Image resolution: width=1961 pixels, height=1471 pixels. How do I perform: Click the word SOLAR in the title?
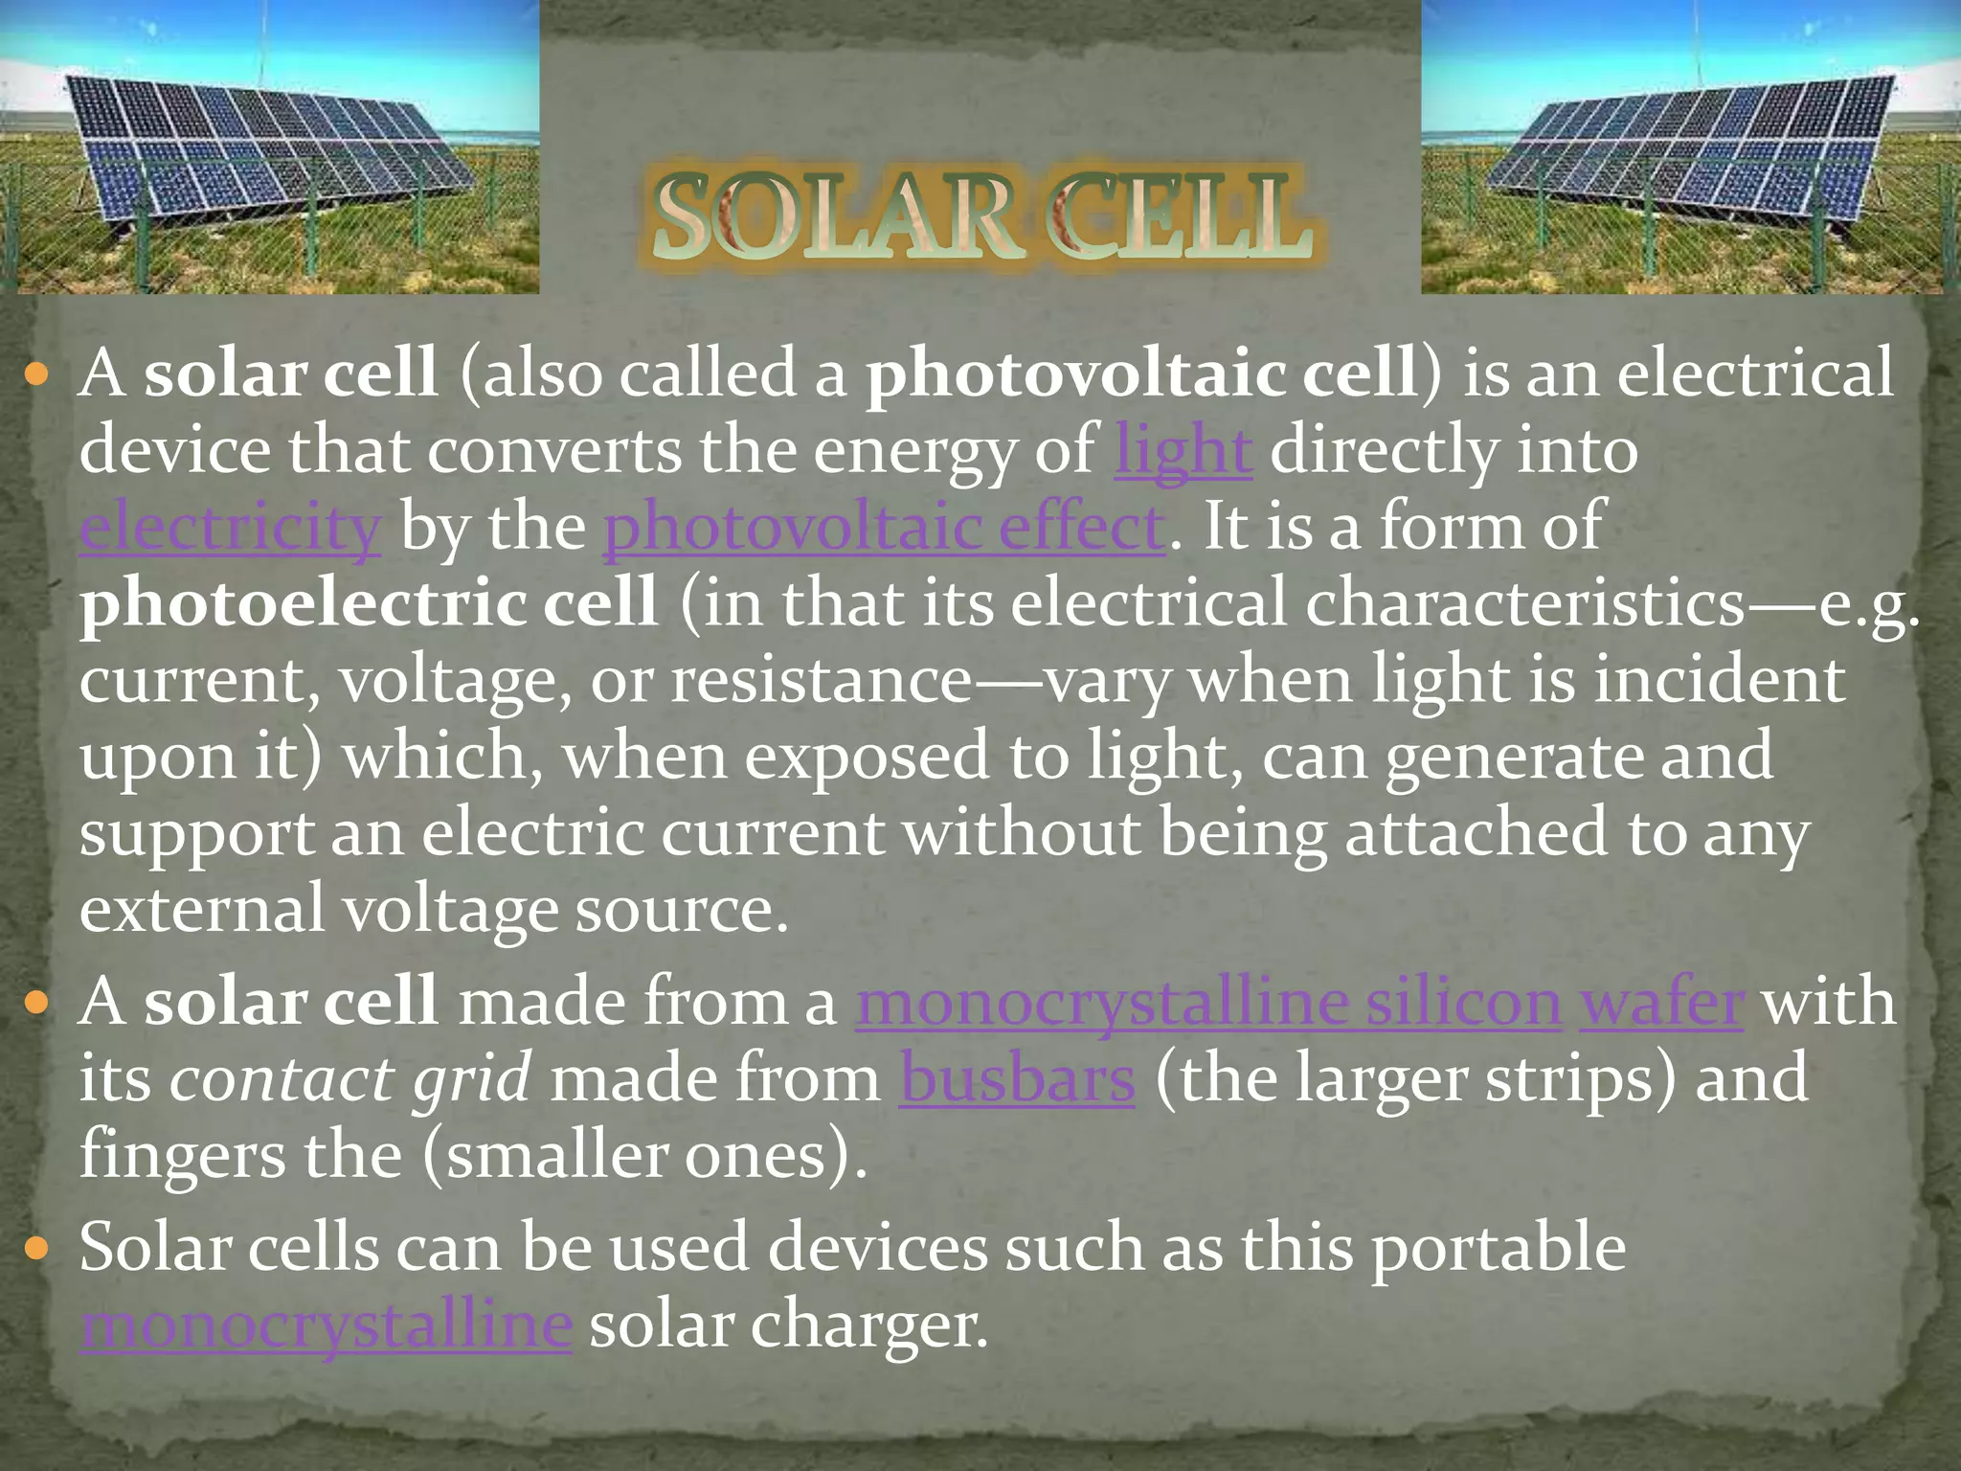click(833, 217)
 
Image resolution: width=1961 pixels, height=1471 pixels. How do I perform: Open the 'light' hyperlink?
click(1183, 451)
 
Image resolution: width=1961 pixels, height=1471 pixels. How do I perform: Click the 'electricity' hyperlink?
click(230, 528)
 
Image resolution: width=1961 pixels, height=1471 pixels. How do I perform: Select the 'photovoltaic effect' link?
click(884, 528)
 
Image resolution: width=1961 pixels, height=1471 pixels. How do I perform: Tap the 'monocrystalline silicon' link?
click(1208, 1004)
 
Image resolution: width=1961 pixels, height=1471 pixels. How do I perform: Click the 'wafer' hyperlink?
click(1661, 1004)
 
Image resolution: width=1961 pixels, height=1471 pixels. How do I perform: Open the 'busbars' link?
click(1017, 1080)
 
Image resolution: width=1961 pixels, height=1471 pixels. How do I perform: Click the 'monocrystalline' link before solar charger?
click(327, 1326)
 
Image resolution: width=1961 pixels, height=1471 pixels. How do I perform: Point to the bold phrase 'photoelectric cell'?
click(369, 604)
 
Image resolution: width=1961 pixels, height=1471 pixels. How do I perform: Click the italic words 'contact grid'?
click(350, 1080)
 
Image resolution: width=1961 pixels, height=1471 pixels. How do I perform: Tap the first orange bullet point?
click(36, 373)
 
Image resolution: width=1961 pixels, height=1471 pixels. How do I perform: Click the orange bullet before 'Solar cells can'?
click(36, 1249)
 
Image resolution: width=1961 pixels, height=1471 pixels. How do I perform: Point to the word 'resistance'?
click(821, 681)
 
